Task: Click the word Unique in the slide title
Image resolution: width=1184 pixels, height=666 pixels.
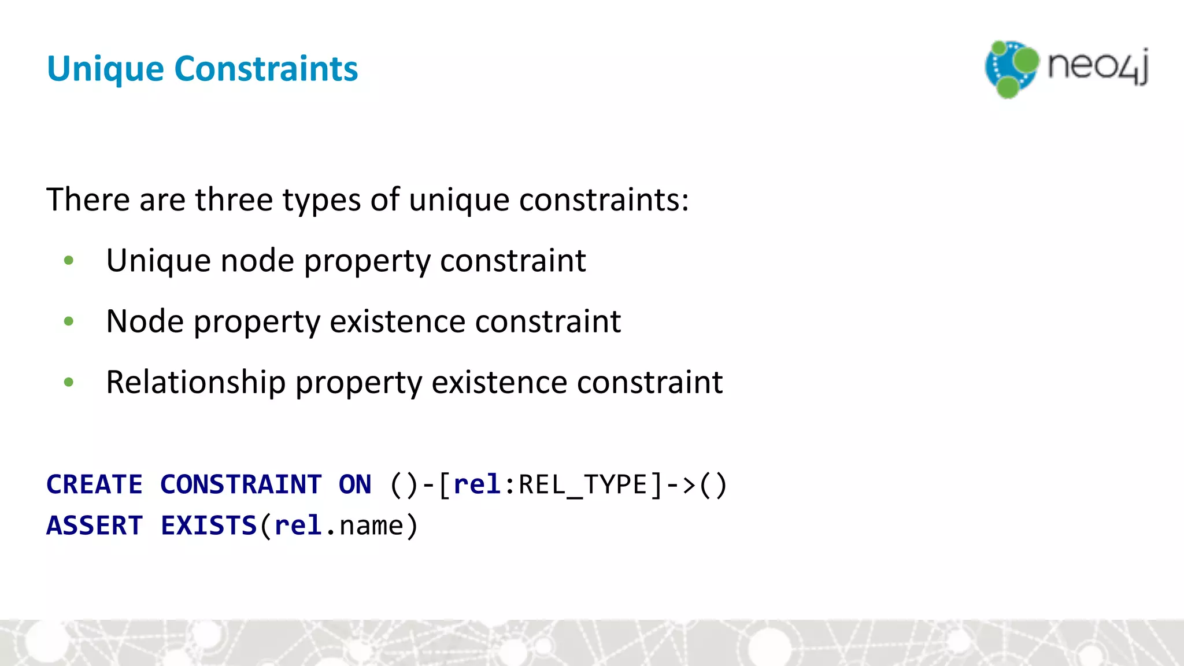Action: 105,69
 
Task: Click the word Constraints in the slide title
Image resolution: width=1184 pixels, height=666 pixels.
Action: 266,69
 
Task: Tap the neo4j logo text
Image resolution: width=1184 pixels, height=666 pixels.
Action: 1097,66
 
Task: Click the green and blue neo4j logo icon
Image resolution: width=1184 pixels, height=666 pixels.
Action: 1011,69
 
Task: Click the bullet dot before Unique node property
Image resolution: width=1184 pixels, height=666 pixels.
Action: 69,261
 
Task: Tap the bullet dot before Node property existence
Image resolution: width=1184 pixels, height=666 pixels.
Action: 69,321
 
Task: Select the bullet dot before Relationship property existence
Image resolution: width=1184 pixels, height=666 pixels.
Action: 69,382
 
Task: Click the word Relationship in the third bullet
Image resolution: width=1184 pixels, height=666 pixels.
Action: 195,383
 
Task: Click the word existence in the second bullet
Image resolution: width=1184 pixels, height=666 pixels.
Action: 397,321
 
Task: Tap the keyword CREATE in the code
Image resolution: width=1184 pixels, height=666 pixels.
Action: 94,484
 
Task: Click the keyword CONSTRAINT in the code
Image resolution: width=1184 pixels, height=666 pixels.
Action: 240,484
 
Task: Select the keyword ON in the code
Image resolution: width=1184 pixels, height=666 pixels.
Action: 354,484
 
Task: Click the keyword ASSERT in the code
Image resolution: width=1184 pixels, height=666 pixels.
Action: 94,526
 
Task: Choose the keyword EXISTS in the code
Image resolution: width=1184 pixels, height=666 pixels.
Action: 208,526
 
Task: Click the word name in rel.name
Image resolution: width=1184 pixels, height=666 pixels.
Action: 371,526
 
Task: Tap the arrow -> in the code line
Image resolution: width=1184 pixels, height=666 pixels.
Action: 681,484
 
